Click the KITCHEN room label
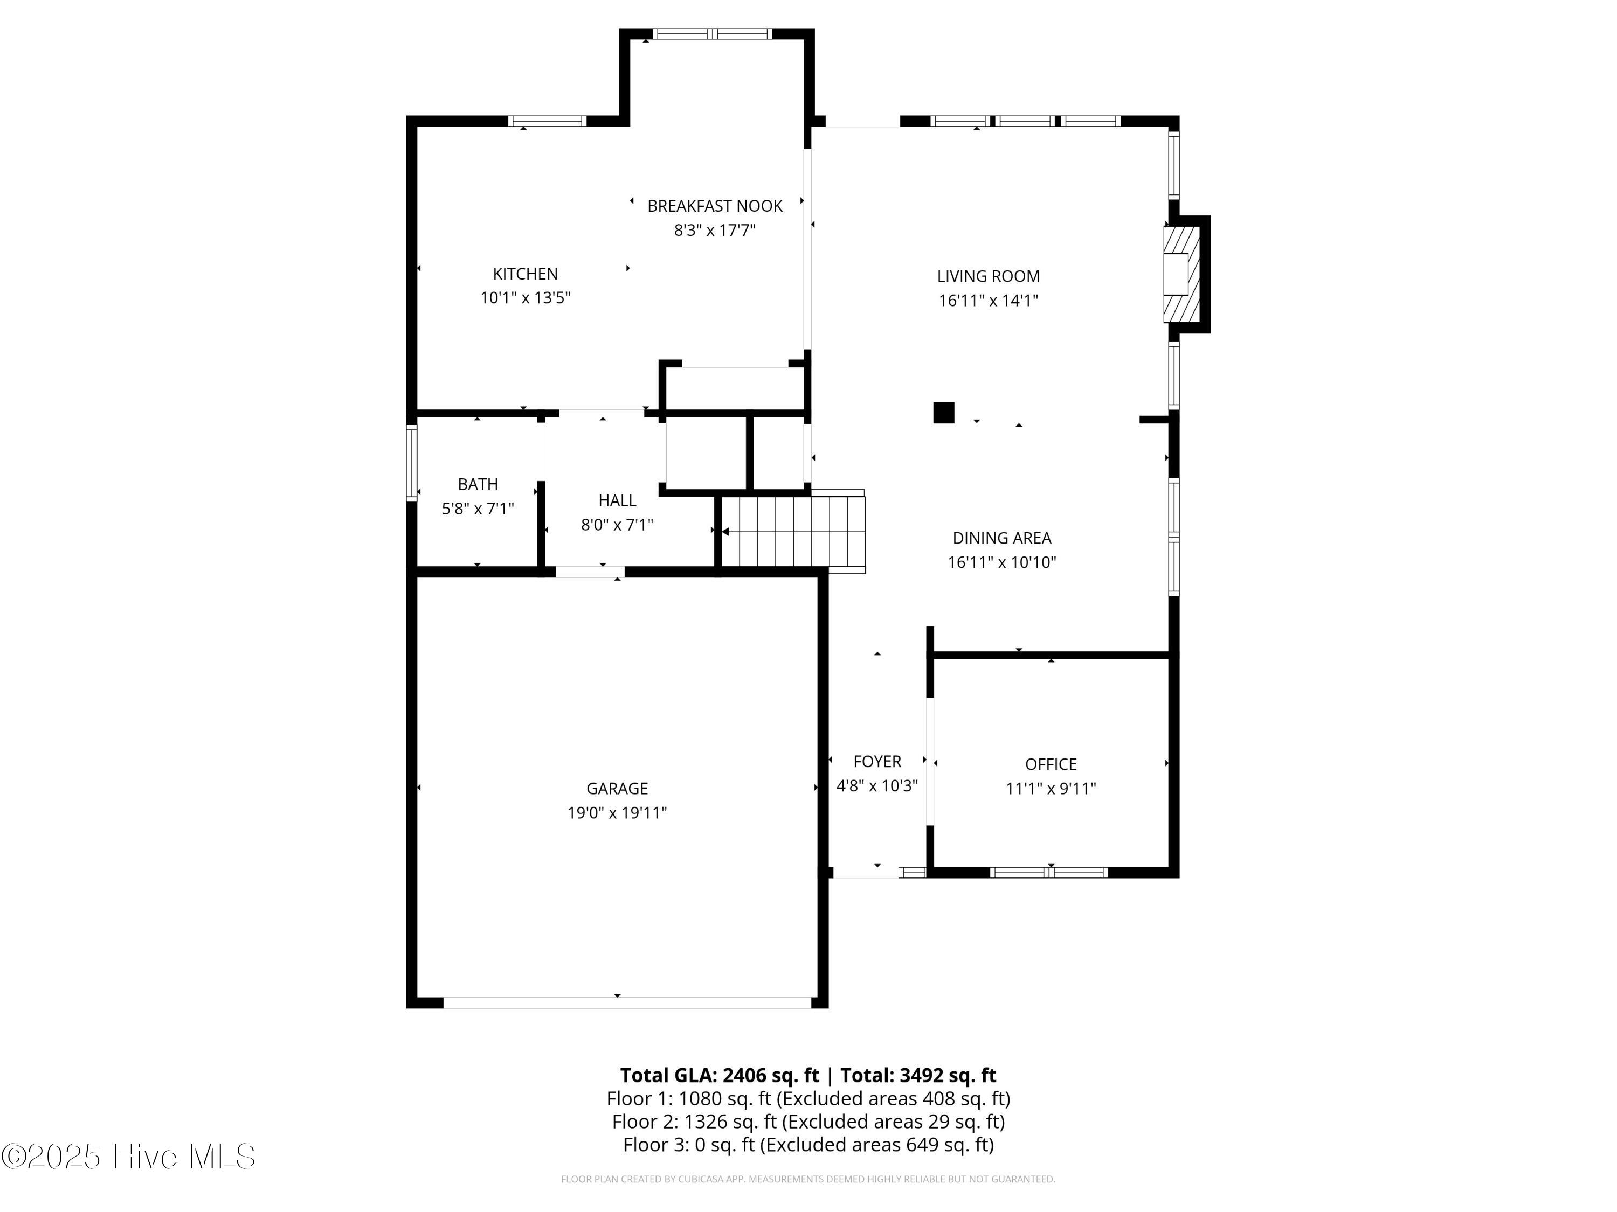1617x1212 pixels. tap(525, 274)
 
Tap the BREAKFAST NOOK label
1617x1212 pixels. tap(715, 206)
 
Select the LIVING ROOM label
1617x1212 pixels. tap(989, 276)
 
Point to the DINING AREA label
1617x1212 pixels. tap(1001, 539)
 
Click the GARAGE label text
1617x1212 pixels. tap(617, 788)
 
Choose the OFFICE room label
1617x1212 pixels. tap(1051, 764)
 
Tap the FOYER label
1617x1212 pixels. tap(877, 761)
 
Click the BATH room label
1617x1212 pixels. tap(478, 484)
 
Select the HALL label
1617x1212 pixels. tap(617, 500)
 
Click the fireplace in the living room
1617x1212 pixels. tap(1182, 274)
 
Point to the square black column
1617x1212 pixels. tap(944, 413)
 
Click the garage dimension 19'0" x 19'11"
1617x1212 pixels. tap(617, 812)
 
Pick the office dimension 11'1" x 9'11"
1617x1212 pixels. tap(1051, 788)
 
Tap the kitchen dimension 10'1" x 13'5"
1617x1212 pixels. tap(525, 298)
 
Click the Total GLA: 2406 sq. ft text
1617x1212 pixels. tap(720, 1075)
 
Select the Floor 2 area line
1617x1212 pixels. tap(808, 1122)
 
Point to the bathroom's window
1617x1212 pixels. tap(412, 463)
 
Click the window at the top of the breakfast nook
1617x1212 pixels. tap(712, 33)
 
